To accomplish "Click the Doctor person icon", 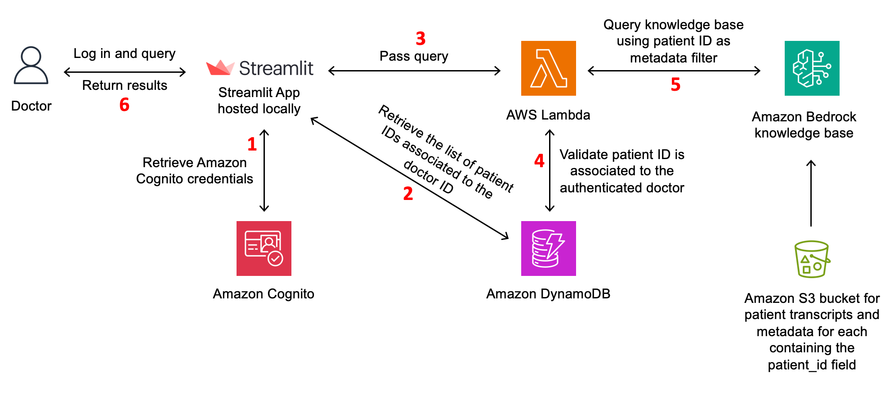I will pos(31,66).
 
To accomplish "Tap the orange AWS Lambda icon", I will pos(548,68).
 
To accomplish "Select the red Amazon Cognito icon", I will pos(264,249).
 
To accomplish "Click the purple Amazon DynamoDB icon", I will pos(548,249).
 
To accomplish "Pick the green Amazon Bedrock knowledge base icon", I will pos(812,68).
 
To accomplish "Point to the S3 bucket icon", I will pos(812,259).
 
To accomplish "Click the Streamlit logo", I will pos(260,68).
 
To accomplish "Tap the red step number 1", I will pos(252,144).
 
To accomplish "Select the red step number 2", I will pos(408,194).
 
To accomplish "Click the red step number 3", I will pos(420,39).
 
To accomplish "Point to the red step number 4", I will pos(539,160).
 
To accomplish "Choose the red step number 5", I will pos(675,84).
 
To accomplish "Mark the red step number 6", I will pos(125,105).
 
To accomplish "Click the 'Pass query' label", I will pos(414,56).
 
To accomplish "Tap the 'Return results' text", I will pos(125,85).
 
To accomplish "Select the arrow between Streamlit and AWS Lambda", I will pos(414,71).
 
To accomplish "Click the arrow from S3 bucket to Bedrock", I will pos(811,193).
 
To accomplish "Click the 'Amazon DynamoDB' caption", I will pos(548,294).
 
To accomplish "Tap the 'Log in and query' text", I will pos(125,53).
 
